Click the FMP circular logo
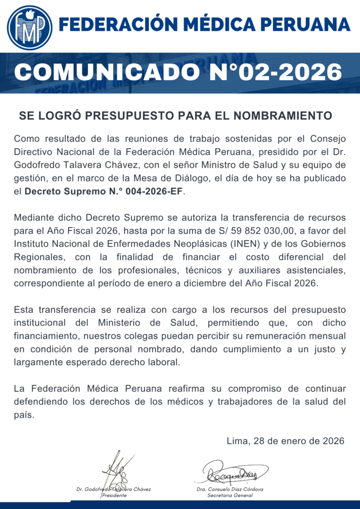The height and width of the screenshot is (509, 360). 30,27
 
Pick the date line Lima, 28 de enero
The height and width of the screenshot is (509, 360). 285,440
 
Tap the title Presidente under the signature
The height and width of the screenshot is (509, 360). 114,496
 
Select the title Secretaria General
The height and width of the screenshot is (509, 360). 230,496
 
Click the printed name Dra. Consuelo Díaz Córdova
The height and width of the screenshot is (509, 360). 230,489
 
